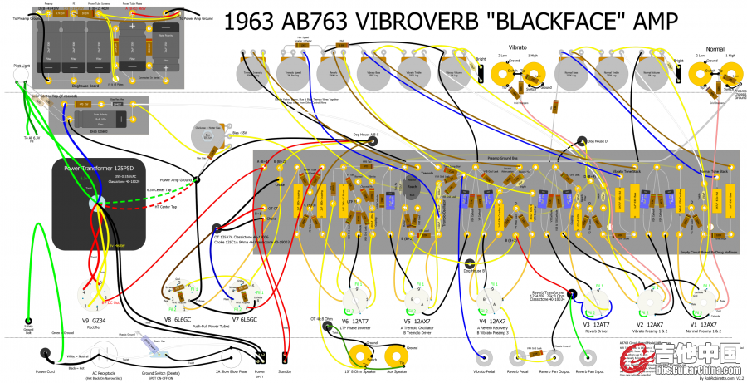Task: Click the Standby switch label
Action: click(286, 372)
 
